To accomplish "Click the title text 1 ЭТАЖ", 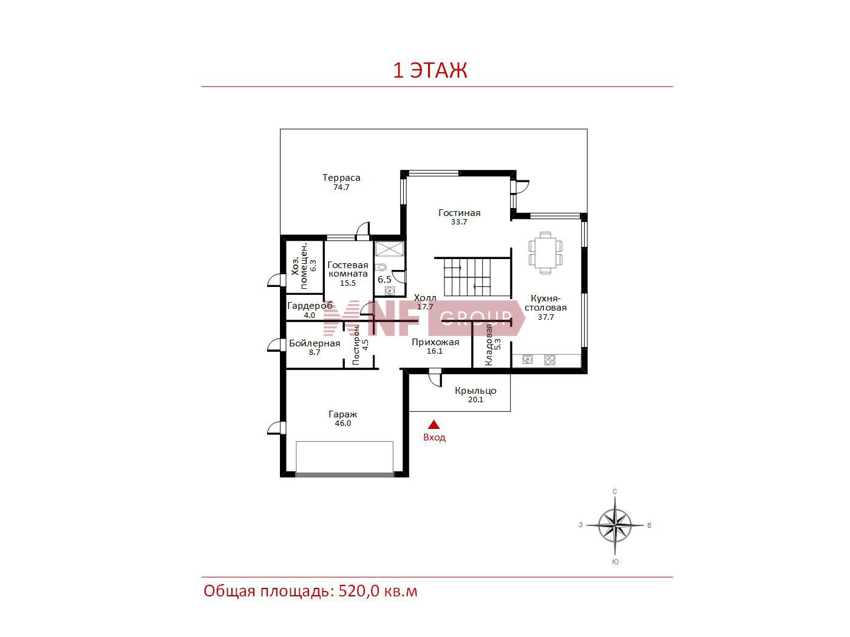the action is (430, 70).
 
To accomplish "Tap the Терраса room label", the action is (341, 178).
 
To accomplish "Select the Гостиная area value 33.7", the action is (459, 222).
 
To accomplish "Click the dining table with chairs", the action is (545, 253).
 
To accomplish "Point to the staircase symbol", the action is (467, 277).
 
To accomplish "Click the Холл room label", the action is (425, 298).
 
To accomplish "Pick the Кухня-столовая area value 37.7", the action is (546, 317).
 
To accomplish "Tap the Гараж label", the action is (342, 414).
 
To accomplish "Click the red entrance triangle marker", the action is (434, 425).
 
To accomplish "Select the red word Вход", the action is (434, 437).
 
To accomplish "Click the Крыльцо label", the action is (475, 391).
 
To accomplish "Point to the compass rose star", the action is (615, 525).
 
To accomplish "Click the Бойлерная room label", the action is (314, 343).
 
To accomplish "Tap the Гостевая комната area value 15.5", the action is (348, 283).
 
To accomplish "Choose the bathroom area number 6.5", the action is (384, 279).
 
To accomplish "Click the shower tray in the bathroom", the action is (389, 249).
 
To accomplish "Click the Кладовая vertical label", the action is (489, 345).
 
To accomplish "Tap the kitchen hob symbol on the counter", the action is (549, 360).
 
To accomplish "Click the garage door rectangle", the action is (344, 457).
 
